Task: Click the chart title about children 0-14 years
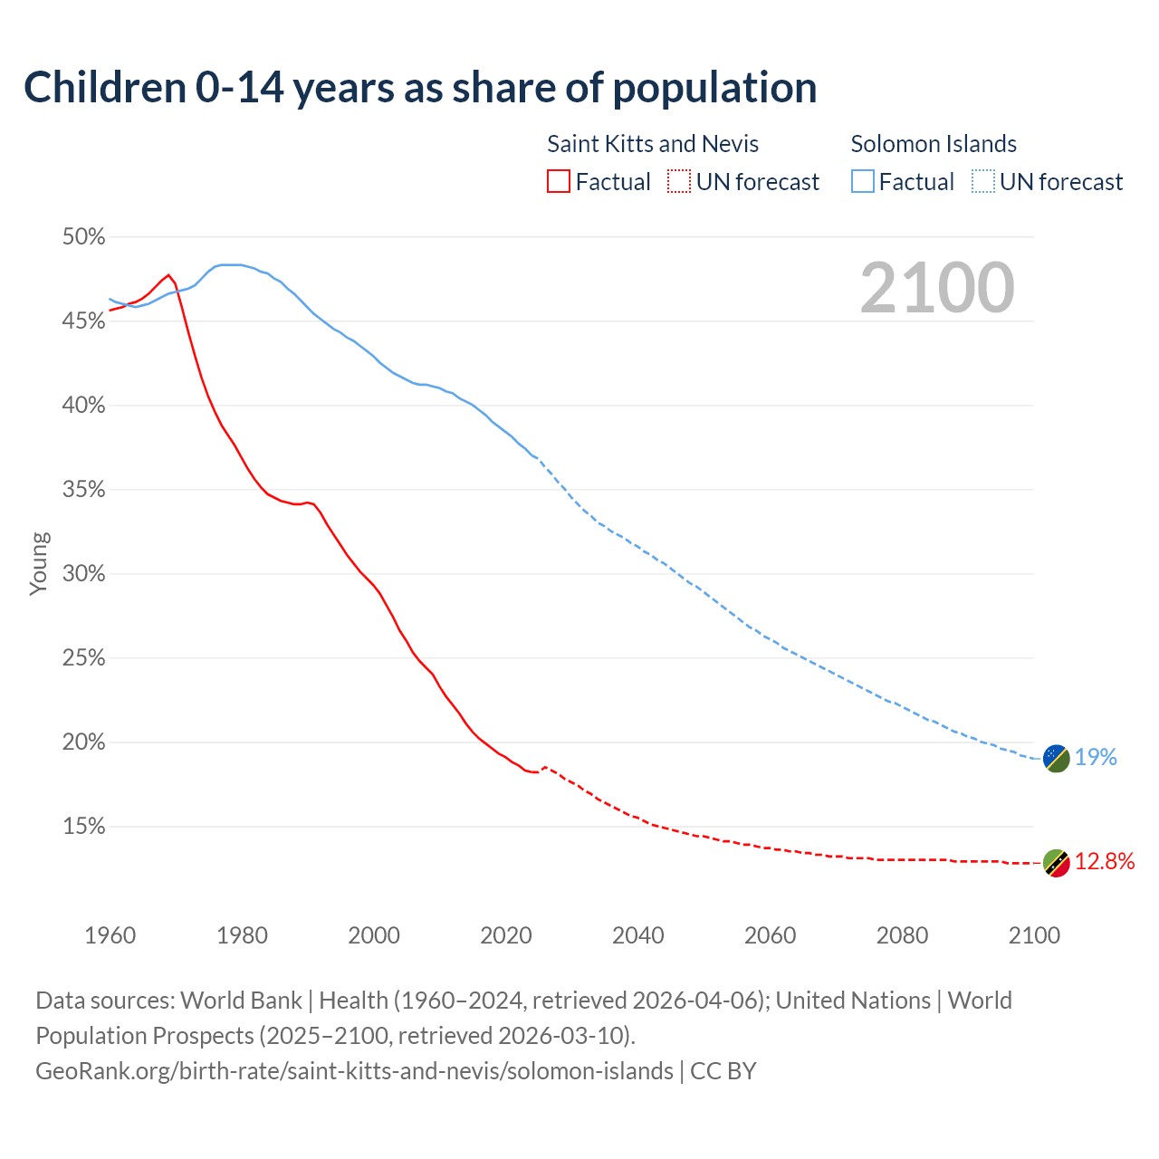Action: click(x=420, y=88)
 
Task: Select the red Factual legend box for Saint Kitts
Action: click(x=559, y=182)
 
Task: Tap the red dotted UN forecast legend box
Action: click(x=679, y=182)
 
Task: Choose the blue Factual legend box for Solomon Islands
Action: click(x=863, y=182)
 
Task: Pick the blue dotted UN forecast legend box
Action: click(x=983, y=182)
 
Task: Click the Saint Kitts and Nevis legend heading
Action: click(x=653, y=144)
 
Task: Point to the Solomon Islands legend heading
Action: click(x=934, y=144)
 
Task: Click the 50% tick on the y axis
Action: click(x=83, y=237)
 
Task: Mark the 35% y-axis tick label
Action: click(x=83, y=490)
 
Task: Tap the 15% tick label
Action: click(x=83, y=827)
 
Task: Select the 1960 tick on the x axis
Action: click(x=110, y=935)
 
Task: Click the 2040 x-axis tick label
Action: click(x=638, y=935)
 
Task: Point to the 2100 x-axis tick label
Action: click(x=1034, y=935)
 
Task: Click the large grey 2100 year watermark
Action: click(x=937, y=288)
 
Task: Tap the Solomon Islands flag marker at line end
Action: click(x=1057, y=758)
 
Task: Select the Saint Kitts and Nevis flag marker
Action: click(x=1057, y=863)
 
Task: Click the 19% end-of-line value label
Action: click(x=1096, y=758)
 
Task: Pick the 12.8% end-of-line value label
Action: click(x=1105, y=862)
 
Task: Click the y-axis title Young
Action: click(x=39, y=563)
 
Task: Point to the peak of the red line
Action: click(x=168, y=275)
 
